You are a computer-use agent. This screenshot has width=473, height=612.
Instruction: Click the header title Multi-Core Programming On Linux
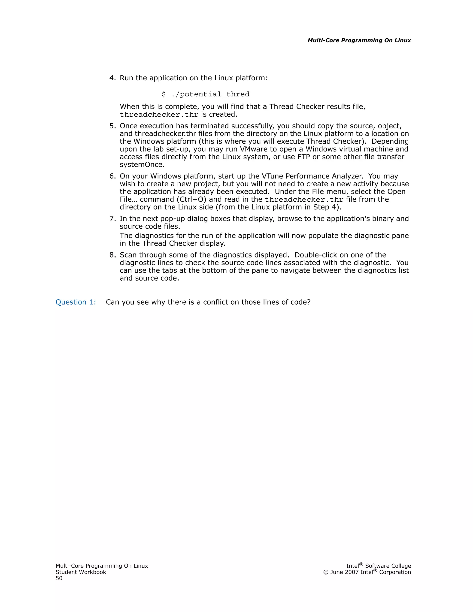[x=359, y=40]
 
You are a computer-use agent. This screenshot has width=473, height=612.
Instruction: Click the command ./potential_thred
[x=210, y=94]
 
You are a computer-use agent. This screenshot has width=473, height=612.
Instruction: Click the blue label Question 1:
[x=76, y=302]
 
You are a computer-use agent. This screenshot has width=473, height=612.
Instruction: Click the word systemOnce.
[x=142, y=164]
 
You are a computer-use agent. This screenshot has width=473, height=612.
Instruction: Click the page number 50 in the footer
[x=59, y=578]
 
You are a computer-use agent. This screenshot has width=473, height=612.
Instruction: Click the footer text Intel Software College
[x=379, y=566]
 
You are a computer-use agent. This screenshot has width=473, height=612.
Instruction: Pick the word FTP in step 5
[x=304, y=157]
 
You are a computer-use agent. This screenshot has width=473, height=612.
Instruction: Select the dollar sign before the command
[x=164, y=94]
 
